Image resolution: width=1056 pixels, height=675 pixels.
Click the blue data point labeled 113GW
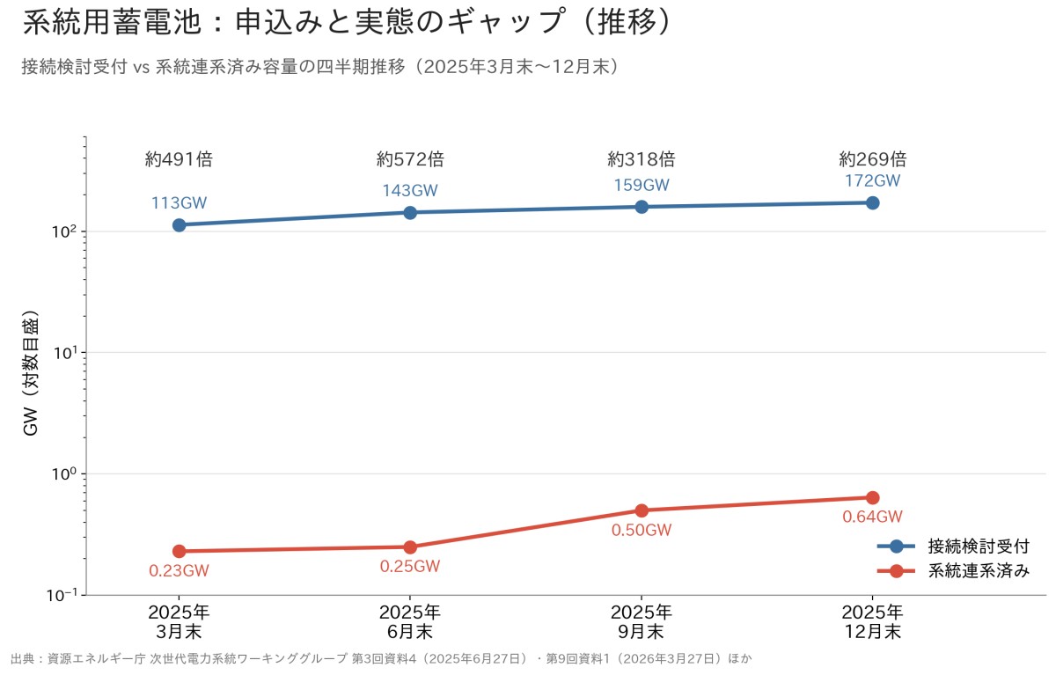click(180, 225)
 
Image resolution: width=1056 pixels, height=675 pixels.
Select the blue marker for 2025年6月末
click(410, 213)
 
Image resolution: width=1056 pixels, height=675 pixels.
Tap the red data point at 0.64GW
click(873, 498)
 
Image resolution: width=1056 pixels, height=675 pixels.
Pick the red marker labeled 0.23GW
click(180, 552)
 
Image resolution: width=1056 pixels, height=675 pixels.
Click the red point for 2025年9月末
click(642, 510)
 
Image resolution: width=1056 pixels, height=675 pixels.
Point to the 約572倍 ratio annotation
click(410, 159)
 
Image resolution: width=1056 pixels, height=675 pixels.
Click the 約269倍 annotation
click(873, 159)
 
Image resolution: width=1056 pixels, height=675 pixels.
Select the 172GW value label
click(873, 180)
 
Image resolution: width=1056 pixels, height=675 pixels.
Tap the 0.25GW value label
click(410, 566)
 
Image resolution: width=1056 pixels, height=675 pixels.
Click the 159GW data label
click(642, 185)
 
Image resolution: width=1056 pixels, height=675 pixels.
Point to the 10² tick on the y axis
click(64, 231)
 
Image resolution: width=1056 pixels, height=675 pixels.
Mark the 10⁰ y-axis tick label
click(64, 473)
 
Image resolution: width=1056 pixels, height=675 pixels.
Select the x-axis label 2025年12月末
click(873, 622)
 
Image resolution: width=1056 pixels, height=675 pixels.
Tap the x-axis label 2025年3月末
click(180, 622)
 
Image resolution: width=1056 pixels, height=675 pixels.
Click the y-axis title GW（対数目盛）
click(30, 372)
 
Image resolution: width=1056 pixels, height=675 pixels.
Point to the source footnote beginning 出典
click(381, 658)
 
